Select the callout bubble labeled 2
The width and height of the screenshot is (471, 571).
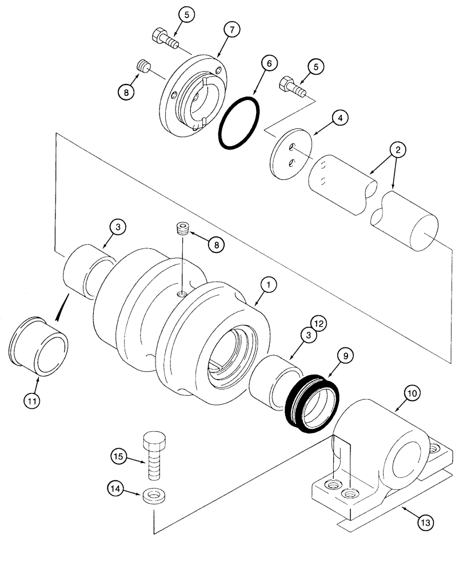click(x=398, y=150)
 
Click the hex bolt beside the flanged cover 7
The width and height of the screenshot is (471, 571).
click(x=163, y=39)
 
